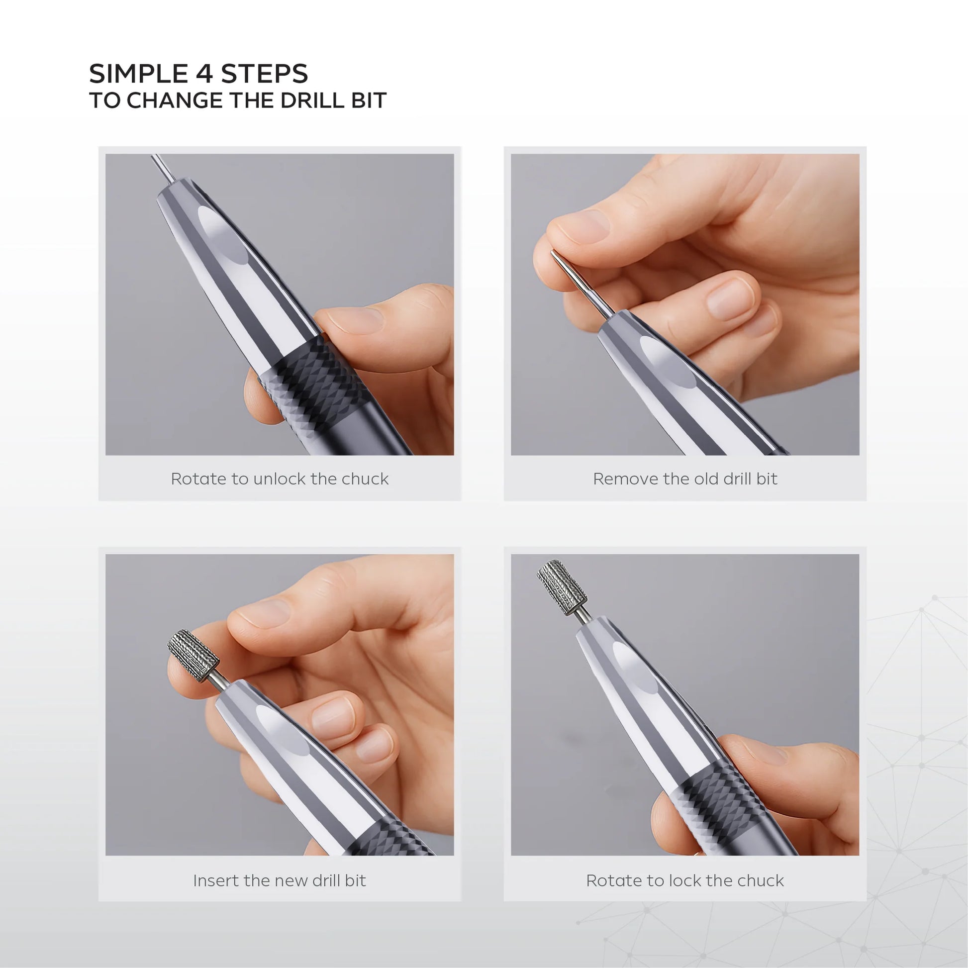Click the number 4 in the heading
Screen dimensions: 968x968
[x=204, y=74]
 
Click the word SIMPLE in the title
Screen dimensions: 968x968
[x=139, y=74]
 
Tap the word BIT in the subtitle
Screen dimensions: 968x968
[x=369, y=100]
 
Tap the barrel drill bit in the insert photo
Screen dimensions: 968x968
[x=193, y=656]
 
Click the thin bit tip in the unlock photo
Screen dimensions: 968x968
[x=161, y=167]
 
